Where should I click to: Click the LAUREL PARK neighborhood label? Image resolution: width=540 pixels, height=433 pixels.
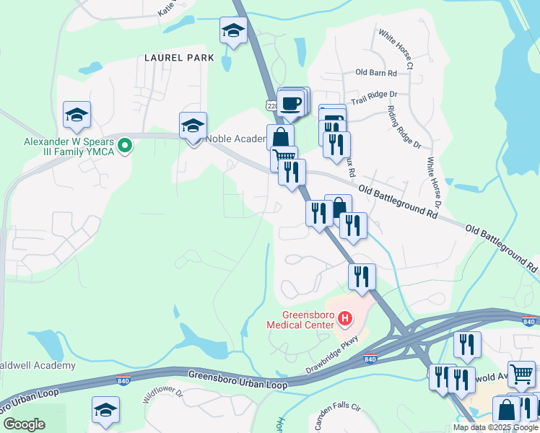pyautogui.click(x=179, y=57)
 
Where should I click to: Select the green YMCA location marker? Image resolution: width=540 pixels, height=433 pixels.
pyautogui.click(x=125, y=146)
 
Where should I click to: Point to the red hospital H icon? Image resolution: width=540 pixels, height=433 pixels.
pyautogui.click(x=345, y=318)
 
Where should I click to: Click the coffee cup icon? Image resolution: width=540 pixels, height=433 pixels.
pyautogui.click(x=291, y=103)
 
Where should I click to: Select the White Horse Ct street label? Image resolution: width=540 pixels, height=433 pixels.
pyautogui.click(x=395, y=49)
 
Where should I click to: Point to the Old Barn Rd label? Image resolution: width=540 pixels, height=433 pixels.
pyautogui.click(x=376, y=73)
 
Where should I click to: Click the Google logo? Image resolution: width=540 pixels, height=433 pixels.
pyautogui.click(x=24, y=424)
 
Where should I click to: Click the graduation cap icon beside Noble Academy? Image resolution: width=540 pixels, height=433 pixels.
pyautogui.click(x=193, y=126)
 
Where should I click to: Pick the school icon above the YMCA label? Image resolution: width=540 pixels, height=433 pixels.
pyautogui.click(x=77, y=114)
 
